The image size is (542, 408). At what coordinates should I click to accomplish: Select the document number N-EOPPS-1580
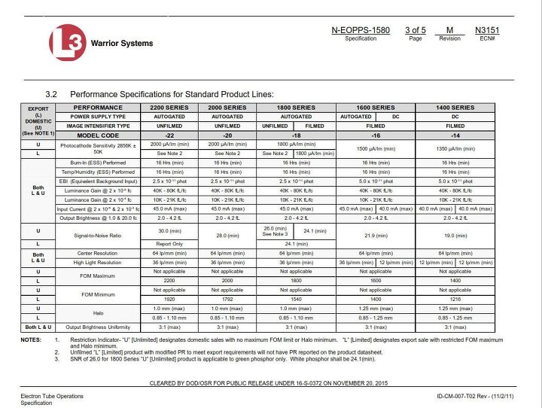361,30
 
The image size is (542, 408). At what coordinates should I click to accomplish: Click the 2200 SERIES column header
169,108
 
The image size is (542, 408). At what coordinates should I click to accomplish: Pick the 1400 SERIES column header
455,108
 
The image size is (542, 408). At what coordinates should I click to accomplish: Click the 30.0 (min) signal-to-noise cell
169,230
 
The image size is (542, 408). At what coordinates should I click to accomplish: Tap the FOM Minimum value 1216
455,299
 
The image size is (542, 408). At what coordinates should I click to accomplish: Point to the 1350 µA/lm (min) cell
455,148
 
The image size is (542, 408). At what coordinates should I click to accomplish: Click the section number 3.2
53,94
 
